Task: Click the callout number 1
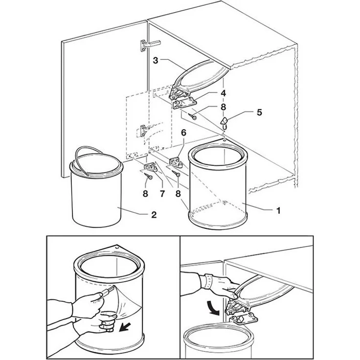(278, 210)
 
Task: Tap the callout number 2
(154, 215)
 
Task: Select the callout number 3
(156, 61)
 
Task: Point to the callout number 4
(223, 93)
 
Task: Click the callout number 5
(259, 112)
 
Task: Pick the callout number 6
(184, 133)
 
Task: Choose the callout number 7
(162, 194)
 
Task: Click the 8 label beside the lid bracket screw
(223, 107)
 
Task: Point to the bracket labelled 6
(176, 161)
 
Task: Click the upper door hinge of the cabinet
(148, 45)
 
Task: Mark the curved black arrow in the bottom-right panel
(213, 308)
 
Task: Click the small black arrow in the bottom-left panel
(125, 327)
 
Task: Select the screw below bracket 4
(192, 116)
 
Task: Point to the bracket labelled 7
(151, 167)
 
